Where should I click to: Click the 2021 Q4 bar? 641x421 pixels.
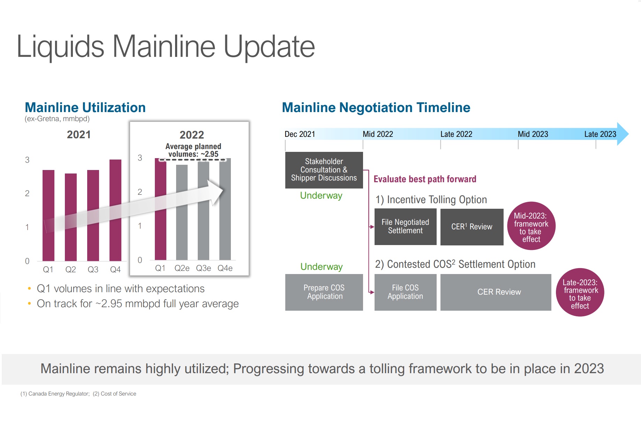115,210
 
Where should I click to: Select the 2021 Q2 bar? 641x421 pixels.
71,217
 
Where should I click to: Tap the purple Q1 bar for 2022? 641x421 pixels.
160,209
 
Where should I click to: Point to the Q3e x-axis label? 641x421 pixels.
204,268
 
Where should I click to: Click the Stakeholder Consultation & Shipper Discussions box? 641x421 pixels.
324,170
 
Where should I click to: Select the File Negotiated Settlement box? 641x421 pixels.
405,227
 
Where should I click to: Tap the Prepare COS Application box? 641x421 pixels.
324,292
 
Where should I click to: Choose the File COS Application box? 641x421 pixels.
405,292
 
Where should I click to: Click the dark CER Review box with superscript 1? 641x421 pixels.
472,227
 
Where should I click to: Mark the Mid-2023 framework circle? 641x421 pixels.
531,226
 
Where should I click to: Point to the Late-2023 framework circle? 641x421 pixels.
580,293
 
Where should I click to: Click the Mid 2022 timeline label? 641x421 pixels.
378,134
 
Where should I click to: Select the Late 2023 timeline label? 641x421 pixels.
600,134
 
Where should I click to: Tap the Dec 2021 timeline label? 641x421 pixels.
300,134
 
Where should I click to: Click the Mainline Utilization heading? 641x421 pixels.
85,108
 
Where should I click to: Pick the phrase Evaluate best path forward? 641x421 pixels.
425,179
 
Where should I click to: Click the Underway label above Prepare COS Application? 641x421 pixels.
322,267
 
